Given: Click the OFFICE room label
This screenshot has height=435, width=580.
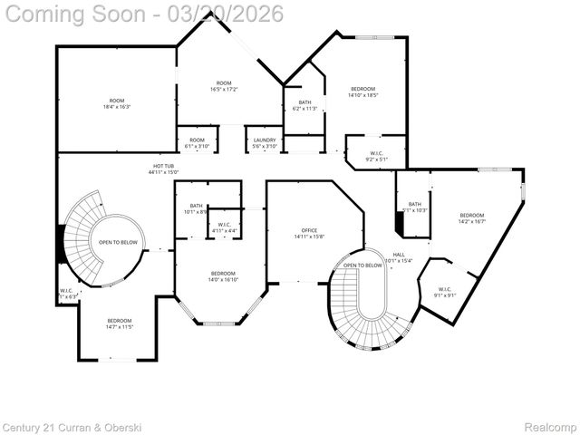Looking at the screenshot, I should coord(308,234).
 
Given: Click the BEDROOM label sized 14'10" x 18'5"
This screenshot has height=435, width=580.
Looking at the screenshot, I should coord(363,91).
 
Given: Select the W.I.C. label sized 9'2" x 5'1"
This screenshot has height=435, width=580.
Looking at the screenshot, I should coord(376,155).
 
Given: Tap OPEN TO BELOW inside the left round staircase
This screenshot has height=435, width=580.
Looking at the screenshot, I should coord(119,242).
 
